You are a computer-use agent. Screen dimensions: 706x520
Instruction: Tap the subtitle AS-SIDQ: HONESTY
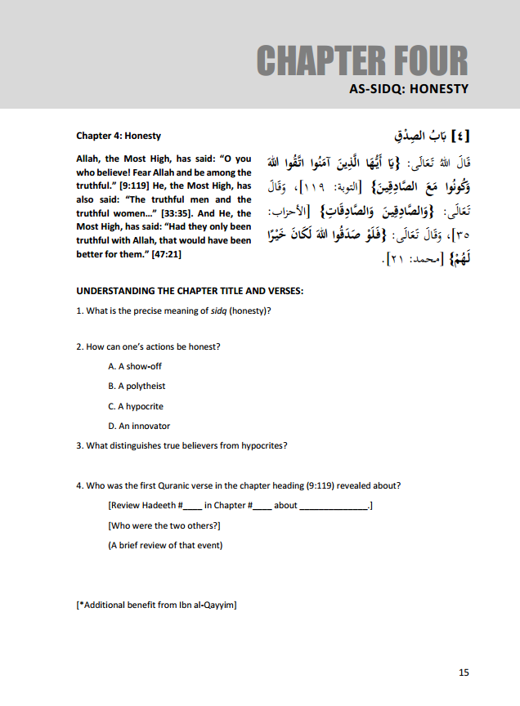click(x=403, y=89)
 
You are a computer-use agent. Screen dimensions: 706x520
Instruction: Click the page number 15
click(x=464, y=672)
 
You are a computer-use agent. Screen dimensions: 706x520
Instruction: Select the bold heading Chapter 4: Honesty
click(x=119, y=136)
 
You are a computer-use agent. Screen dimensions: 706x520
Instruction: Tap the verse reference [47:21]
click(x=163, y=254)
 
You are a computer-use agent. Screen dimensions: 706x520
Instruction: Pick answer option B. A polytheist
click(x=137, y=386)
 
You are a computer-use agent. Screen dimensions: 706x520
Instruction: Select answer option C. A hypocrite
click(x=136, y=406)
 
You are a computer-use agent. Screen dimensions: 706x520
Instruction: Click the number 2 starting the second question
click(x=78, y=346)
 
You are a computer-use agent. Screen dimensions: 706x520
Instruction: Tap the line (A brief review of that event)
click(x=165, y=545)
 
